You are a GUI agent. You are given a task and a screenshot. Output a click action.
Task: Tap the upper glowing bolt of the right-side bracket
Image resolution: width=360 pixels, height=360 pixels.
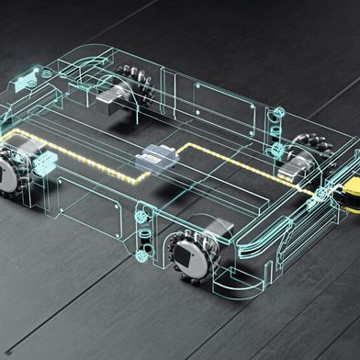tap(274, 118)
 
